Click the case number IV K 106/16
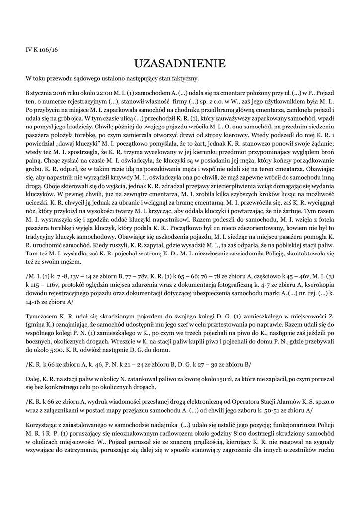coord(42,50)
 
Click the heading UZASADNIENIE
coord(180,63)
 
